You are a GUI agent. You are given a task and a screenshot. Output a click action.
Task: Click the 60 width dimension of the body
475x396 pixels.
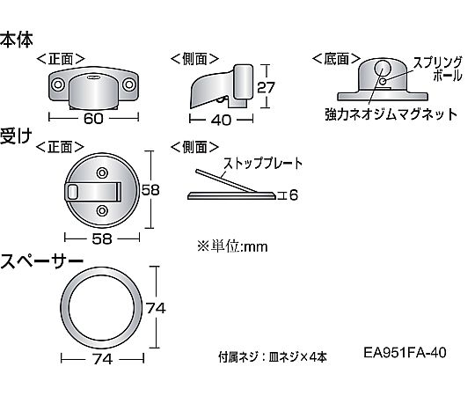pos(93,118)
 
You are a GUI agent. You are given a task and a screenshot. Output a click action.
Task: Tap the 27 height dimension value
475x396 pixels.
pos(266,88)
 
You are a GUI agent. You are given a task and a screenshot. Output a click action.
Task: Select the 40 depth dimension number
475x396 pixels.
pos(221,120)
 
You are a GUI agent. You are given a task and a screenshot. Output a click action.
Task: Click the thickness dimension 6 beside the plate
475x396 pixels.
pos(293,195)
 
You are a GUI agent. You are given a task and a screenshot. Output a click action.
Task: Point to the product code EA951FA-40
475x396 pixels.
pos(405,352)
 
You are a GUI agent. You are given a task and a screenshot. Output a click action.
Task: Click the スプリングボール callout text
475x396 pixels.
pos(437,70)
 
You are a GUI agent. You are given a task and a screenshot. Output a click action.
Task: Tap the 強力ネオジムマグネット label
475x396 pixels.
pos(391,114)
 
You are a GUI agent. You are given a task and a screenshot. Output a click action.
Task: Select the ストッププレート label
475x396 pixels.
pos(263,164)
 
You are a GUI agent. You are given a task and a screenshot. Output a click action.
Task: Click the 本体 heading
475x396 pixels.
pos(16,40)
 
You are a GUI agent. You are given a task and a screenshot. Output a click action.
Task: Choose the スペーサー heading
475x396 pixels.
pos(41,261)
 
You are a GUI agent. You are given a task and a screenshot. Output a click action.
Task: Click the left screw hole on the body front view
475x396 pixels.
pos(57,84)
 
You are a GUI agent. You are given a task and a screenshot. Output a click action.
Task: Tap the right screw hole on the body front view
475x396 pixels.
pos(129,84)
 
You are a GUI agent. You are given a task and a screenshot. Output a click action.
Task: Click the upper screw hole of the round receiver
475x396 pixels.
pos(102,173)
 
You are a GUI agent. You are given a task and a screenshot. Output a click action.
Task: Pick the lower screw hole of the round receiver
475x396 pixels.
pos(102,210)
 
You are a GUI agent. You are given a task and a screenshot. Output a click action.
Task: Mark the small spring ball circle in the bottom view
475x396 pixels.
pos(383,81)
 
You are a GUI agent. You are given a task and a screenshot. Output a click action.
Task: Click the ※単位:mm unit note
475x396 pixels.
pos(232,246)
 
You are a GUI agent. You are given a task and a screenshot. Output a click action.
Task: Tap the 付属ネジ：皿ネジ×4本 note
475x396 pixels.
pos(273,357)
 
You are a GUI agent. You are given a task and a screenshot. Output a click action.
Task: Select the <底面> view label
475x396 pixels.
pos(336,59)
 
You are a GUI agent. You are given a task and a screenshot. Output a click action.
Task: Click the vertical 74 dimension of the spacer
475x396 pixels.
pos(156,308)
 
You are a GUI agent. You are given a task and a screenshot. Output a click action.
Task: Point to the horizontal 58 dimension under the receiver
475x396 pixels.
pos(102,239)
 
